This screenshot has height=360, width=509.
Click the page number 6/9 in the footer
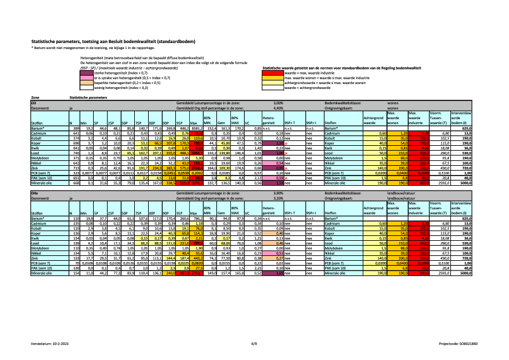coord(254,343)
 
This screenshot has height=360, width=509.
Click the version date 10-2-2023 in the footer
coord(62,343)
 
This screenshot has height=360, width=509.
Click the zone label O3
coord(34,103)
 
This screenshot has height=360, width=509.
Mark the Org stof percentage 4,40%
coord(279,108)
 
